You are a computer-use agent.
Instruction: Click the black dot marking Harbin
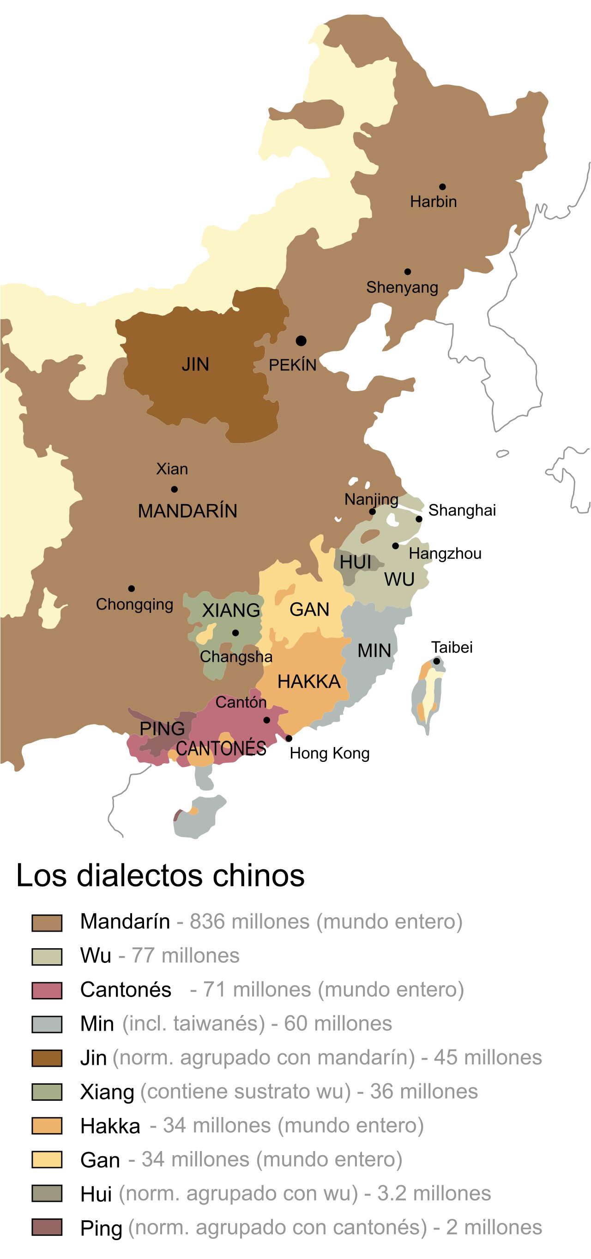[442, 187]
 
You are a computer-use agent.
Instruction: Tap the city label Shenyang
[402, 287]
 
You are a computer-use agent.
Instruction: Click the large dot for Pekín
[302, 341]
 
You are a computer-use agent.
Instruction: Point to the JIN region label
[195, 365]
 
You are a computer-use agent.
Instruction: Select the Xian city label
[172, 469]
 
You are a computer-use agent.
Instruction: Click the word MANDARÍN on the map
[187, 511]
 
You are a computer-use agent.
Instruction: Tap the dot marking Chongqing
[132, 588]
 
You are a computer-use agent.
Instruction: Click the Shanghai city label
[462, 510]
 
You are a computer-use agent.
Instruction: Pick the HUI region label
[355, 563]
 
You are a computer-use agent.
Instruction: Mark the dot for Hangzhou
[395, 546]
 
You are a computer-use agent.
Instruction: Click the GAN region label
[309, 610]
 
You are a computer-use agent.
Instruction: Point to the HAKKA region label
[309, 682]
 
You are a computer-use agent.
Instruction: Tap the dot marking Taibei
[436, 661]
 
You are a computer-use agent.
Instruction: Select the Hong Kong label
[329, 753]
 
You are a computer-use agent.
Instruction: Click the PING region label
[162, 729]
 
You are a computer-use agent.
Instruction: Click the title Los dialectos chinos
[161, 875]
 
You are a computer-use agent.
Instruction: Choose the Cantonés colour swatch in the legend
[47, 991]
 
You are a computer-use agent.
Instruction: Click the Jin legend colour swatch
[47, 1058]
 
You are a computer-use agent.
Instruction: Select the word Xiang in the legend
[107, 1093]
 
